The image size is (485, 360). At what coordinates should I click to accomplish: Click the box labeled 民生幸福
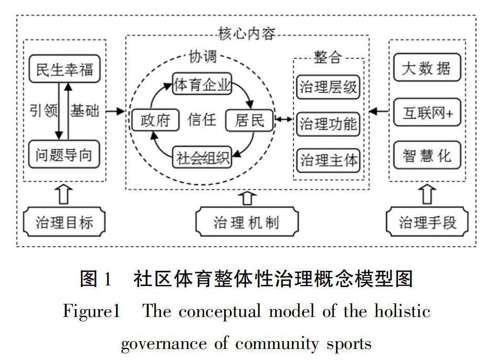click(x=64, y=69)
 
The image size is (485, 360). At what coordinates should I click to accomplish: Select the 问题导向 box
click(x=64, y=155)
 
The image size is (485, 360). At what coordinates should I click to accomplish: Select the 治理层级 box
click(x=328, y=87)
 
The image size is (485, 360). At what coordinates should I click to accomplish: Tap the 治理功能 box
click(x=328, y=124)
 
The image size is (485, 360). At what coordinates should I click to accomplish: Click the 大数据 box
click(x=426, y=68)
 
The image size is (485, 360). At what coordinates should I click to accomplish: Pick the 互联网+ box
click(x=426, y=112)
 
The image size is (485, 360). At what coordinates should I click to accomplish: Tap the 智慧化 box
click(x=426, y=156)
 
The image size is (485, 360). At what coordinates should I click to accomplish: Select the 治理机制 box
click(x=246, y=222)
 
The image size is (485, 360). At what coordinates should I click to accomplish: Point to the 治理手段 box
click(x=427, y=222)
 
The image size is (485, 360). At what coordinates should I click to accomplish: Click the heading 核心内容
click(x=246, y=35)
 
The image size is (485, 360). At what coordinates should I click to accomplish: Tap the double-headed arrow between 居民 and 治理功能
click(x=284, y=120)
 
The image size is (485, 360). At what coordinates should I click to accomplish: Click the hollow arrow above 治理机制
click(x=247, y=198)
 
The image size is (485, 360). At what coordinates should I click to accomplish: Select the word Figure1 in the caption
click(x=91, y=312)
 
